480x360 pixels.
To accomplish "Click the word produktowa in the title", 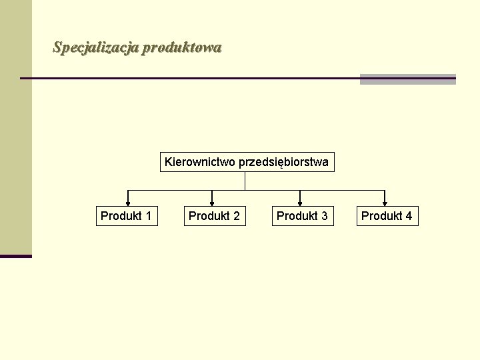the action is click(182, 48).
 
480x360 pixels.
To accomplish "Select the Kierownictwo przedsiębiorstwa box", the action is click(247, 162).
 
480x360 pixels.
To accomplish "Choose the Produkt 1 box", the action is click(127, 216).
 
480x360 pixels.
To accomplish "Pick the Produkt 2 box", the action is click(215, 216).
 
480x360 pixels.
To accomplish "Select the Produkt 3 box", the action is click(303, 216).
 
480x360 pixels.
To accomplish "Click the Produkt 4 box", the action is click(387, 216).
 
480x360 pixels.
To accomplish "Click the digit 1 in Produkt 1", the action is click(149, 216).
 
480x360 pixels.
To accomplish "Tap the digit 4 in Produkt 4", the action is click(409, 216).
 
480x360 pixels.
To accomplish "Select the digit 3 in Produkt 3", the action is click(325, 216).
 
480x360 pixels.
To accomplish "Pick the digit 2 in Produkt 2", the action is click(237, 216).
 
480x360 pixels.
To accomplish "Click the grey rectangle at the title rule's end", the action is click(407, 79).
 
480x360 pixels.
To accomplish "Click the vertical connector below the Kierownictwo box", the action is click(245, 181).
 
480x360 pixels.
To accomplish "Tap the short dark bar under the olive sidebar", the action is click(16, 256).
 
